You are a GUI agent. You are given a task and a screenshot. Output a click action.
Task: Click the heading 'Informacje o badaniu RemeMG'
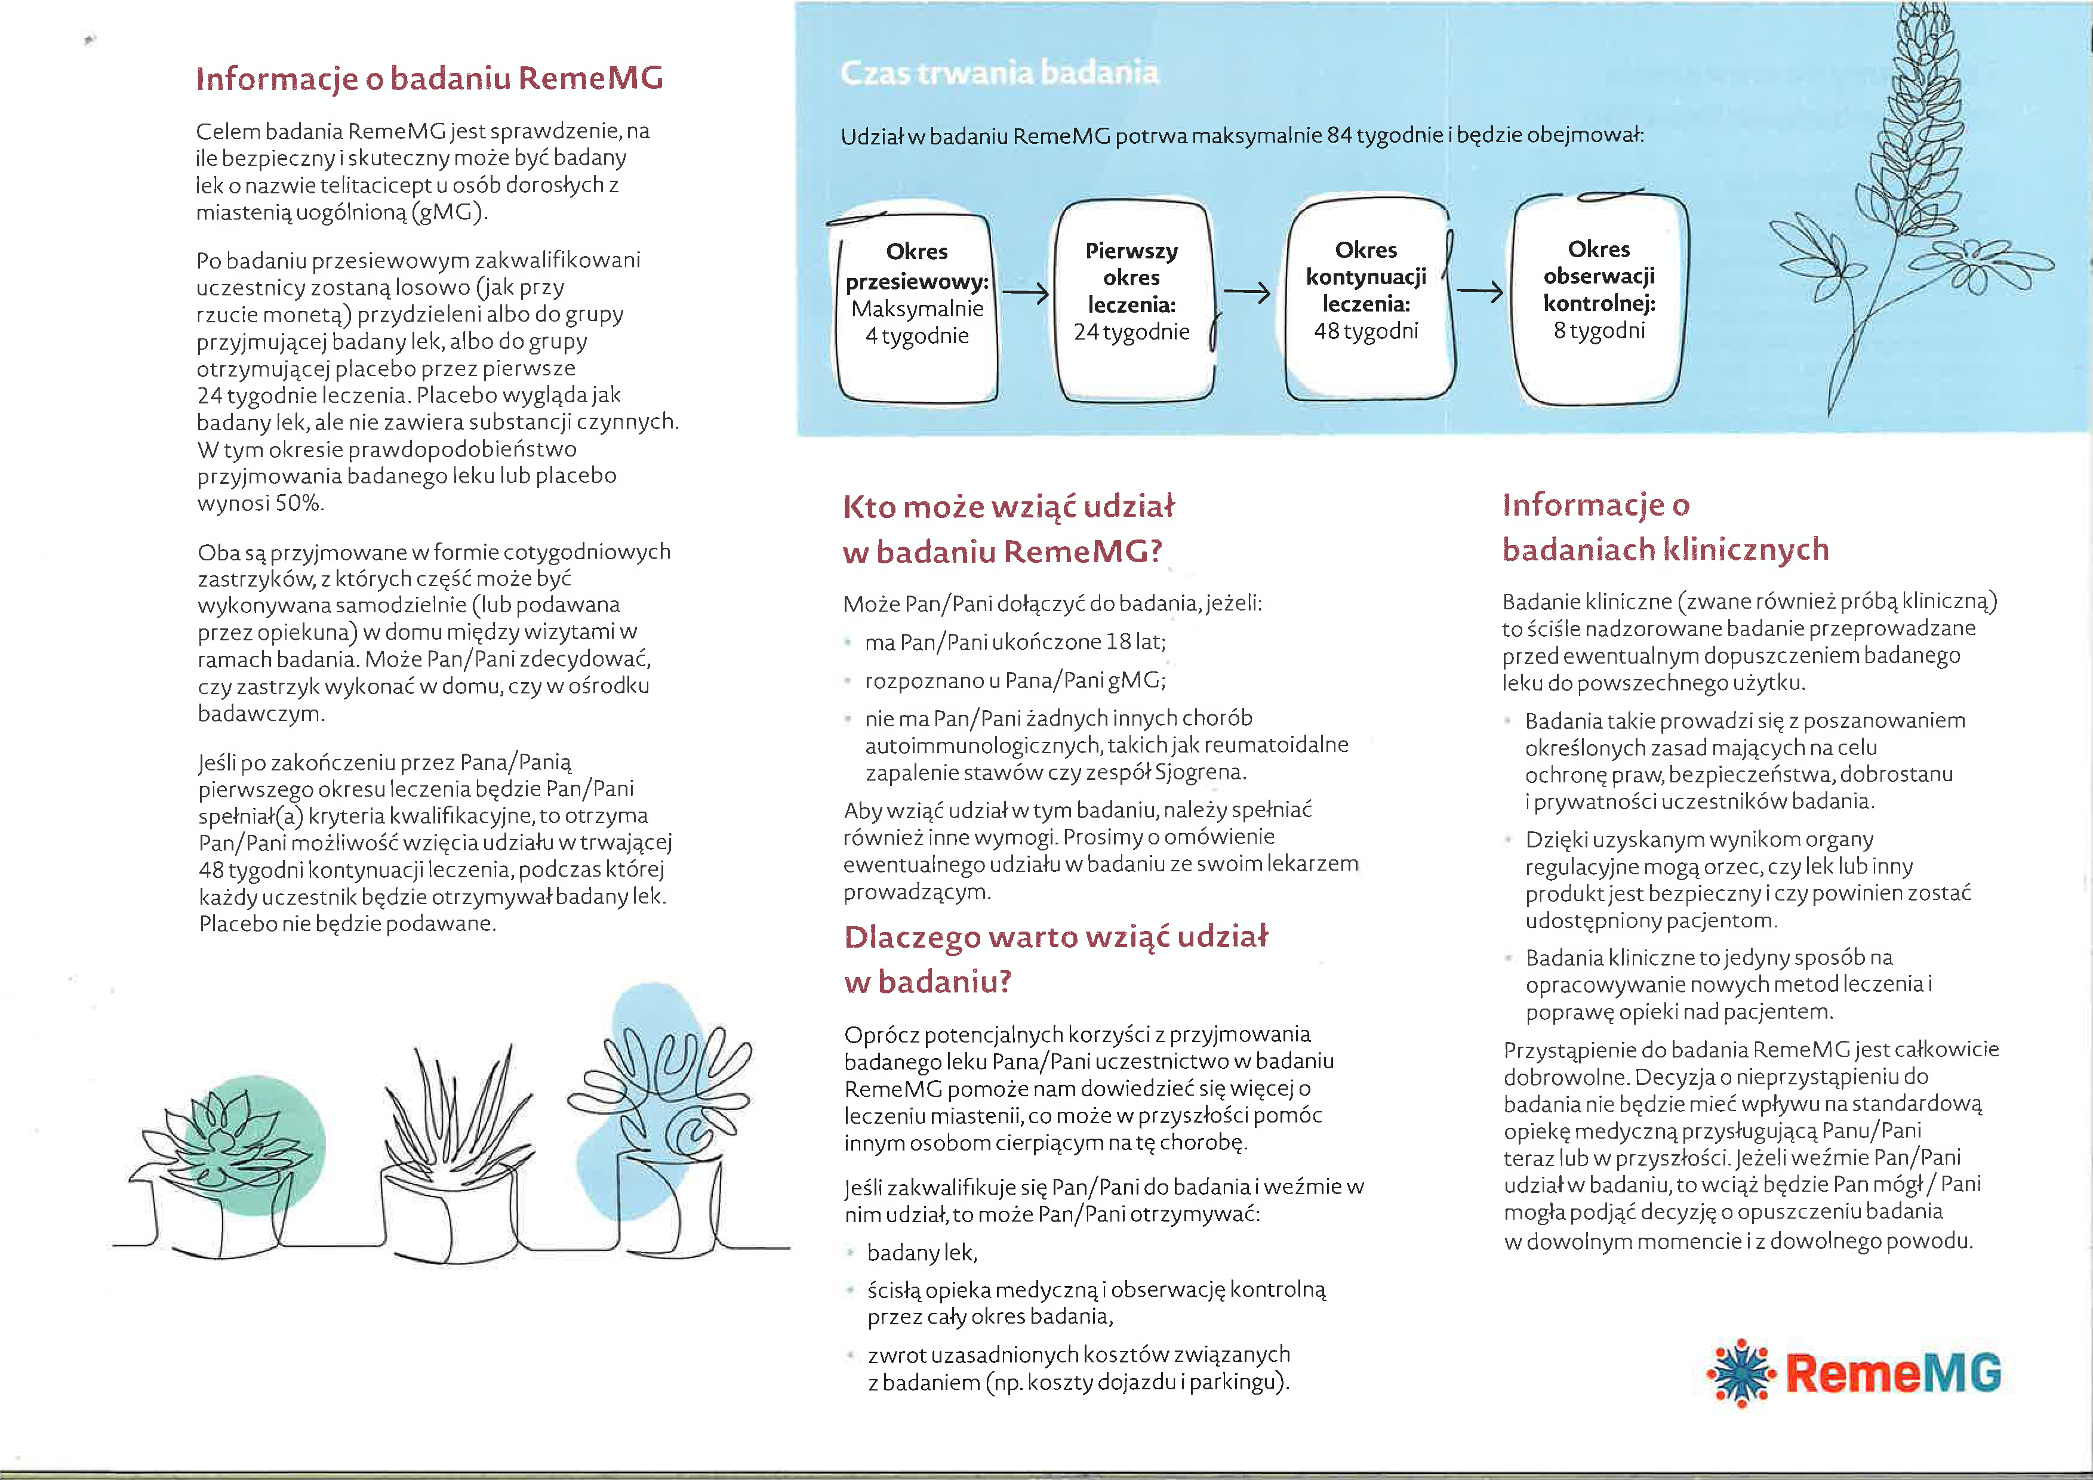coord(429,78)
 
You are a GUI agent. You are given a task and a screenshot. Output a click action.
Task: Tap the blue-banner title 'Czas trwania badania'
coord(999,72)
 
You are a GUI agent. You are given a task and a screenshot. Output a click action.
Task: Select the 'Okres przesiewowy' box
coord(917,306)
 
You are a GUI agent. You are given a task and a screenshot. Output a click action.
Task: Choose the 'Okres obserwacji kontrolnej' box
coord(1599,299)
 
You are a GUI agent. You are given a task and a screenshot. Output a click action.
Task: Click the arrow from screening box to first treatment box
coord(1026,294)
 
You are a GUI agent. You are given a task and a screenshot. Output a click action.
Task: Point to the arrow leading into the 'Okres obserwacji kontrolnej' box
coord(1479,292)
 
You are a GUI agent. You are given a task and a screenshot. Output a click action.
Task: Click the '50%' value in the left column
coord(299,503)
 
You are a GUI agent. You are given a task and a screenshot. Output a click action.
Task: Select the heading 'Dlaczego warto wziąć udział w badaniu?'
coord(1055,959)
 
